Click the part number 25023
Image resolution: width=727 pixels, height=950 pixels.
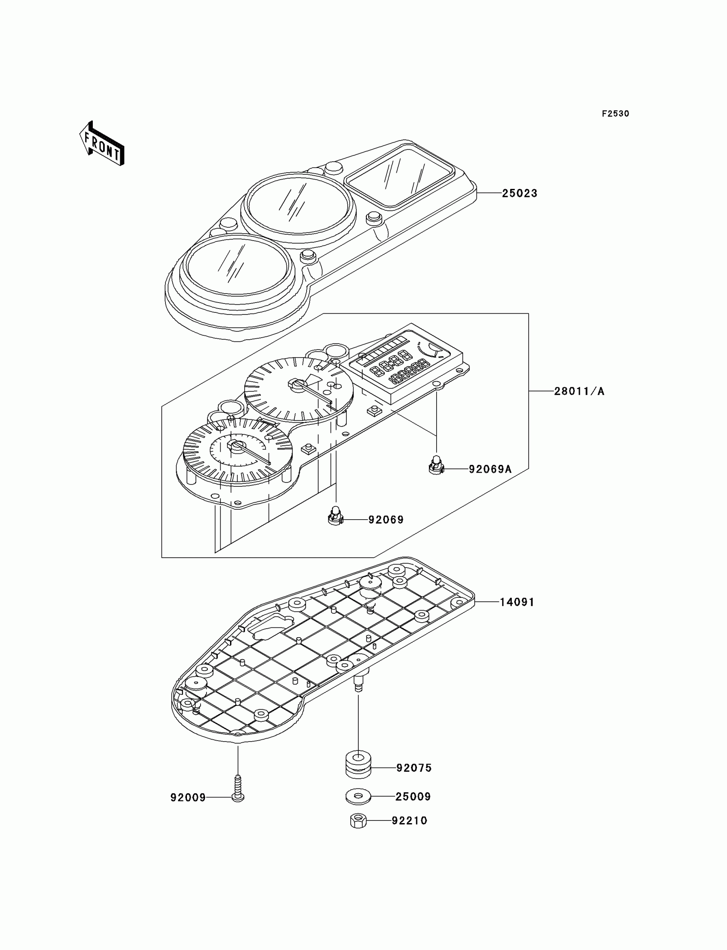pyautogui.click(x=519, y=193)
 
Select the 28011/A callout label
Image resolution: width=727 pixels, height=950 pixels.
pyautogui.click(x=579, y=391)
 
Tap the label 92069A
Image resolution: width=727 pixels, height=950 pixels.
pyautogui.click(x=490, y=469)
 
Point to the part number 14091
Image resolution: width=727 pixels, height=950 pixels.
pyautogui.click(x=517, y=602)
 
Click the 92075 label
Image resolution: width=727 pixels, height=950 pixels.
pyautogui.click(x=414, y=768)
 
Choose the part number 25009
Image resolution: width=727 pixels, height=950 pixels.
pyautogui.click(x=413, y=797)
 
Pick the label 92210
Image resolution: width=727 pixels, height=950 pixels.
pyautogui.click(x=409, y=821)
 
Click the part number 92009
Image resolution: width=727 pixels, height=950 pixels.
pyautogui.click(x=188, y=798)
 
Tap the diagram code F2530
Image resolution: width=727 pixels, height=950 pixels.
pyautogui.click(x=615, y=114)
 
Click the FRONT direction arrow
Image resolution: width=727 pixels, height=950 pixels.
pyautogui.click(x=102, y=144)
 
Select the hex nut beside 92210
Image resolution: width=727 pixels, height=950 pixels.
pyautogui.click(x=358, y=821)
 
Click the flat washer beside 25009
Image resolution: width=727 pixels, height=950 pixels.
pyautogui.click(x=358, y=797)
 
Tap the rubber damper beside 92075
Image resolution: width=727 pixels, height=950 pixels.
pyautogui.click(x=358, y=766)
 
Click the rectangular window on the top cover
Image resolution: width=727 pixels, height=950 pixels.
pyautogui.click(x=401, y=177)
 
